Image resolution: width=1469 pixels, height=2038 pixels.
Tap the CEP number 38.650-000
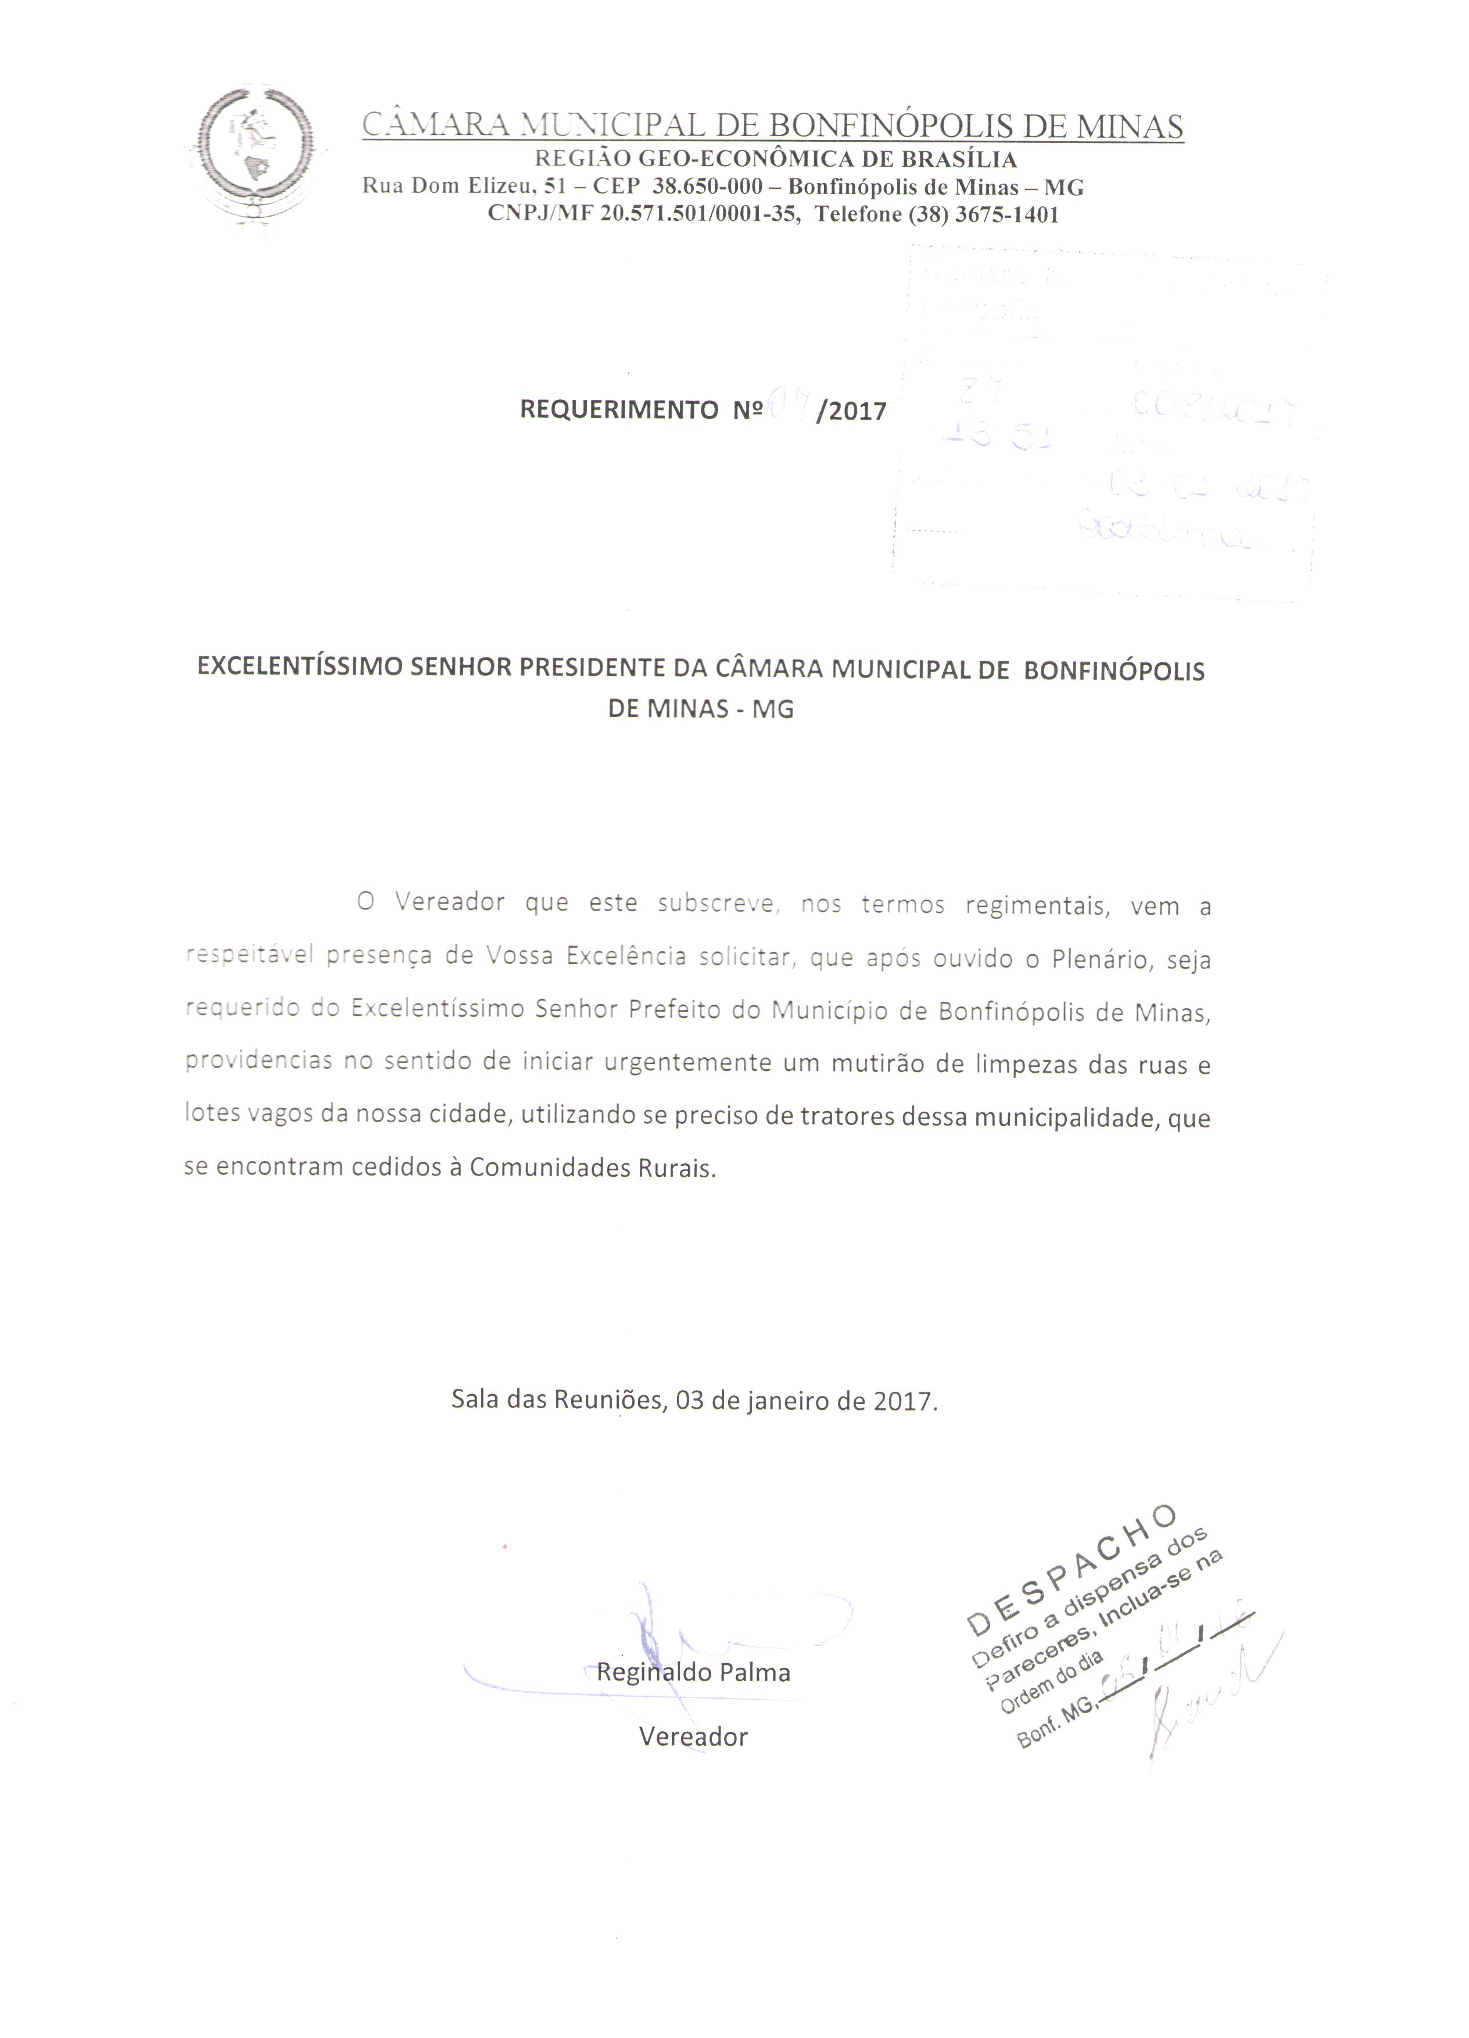707,187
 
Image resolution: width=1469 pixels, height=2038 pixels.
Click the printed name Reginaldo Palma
693,1672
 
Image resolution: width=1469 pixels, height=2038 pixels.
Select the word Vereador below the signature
693,1736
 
